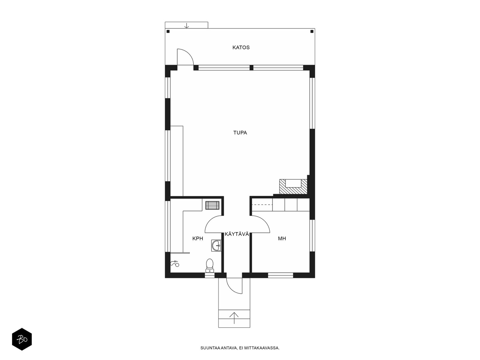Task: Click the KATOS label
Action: pos(241,47)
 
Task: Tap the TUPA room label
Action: pos(240,133)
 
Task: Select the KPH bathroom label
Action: pos(197,238)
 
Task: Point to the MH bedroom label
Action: pos(282,238)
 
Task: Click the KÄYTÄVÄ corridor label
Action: pos(237,234)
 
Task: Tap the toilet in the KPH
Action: pos(209,265)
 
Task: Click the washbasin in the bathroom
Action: pos(216,245)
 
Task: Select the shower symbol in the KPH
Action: pos(175,264)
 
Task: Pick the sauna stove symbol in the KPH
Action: pos(212,205)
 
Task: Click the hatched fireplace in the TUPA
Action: pos(293,186)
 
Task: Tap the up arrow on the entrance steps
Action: pos(234,318)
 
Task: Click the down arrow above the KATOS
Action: pos(186,25)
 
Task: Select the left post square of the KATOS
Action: pos(168,31)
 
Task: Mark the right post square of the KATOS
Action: pos(312,31)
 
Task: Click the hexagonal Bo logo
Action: pos(22,339)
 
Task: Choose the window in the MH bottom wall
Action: pos(280,275)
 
